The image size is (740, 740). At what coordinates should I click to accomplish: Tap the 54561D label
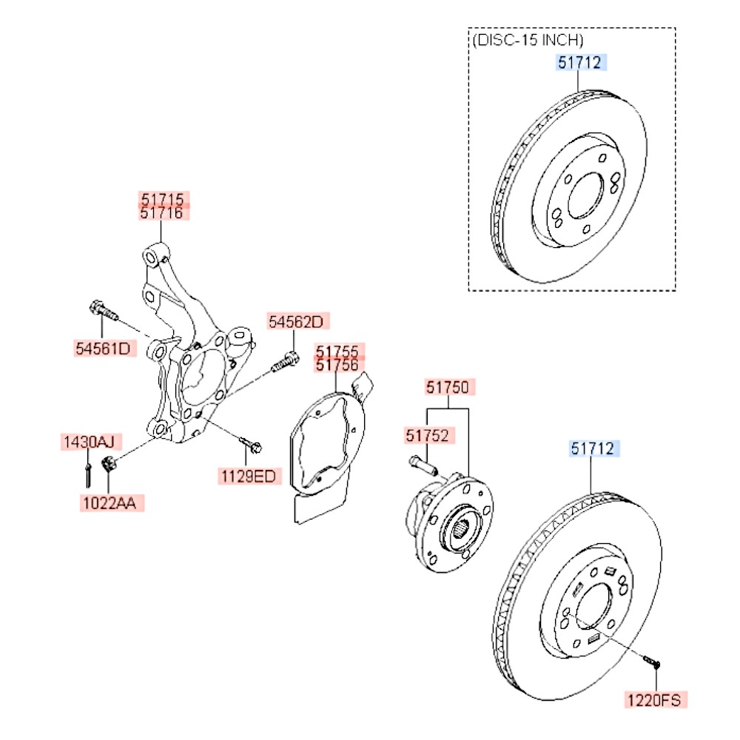pyautogui.click(x=104, y=349)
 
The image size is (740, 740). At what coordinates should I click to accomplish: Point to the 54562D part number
pyautogui.click(x=297, y=321)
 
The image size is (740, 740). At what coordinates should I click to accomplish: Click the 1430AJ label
pyautogui.click(x=90, y=442)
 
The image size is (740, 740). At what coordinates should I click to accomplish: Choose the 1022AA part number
pyautogui.click(x=110, y=503)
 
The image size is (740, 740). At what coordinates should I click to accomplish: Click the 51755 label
pyautogui.click(x=338, y=351)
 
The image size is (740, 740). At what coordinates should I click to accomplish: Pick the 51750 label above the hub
pyautogui.click(x=449, y=387)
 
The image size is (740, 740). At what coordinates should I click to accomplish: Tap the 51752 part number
pyautogui.click(x=428, y=435)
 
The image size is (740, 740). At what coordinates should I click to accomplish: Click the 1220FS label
pyautogui.click(x=655, y=700)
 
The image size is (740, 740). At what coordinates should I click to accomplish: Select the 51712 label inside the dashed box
pyautogui.click(x=580, y=62)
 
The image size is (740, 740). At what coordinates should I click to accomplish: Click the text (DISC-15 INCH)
pyautogui.click(x=528, y=40)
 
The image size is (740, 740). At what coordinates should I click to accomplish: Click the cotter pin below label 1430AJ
pyautogui.click(x=88, y=475)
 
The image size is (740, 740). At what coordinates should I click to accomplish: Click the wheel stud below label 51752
pyautogui.click(x=423, y=465)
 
